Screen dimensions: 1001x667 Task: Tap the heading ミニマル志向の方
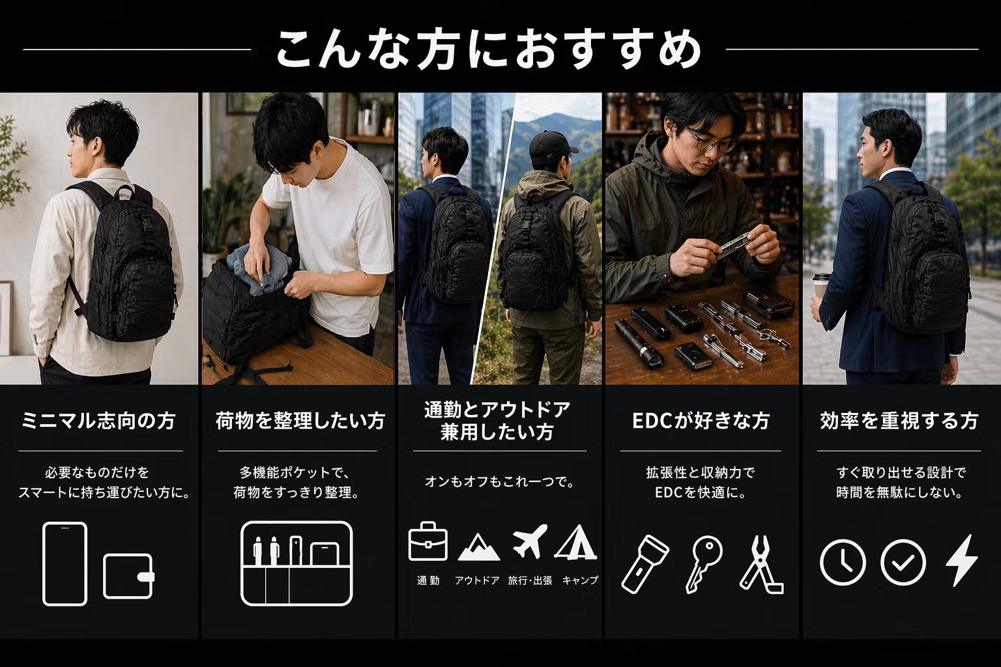(99, 421)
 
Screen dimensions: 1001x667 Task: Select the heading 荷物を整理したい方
(300, 421)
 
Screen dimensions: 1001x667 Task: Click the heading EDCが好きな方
(701, 421)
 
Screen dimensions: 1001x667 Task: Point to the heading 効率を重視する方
(899, 421)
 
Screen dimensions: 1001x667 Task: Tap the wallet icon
(128, 576)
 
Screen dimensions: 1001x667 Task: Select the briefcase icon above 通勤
(428, 541)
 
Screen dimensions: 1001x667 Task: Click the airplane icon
(530, 541)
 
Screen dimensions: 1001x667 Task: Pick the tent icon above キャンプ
(577, 543)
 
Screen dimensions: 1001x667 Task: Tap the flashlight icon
(645, 564)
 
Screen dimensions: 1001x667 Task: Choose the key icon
(703, 564)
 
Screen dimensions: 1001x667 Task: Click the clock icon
(843, 562)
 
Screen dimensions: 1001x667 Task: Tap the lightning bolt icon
(962, 560)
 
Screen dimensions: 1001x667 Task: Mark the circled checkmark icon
(903, 562)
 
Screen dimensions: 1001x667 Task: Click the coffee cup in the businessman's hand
(820, 286)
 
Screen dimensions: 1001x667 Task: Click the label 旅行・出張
(530, 580)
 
